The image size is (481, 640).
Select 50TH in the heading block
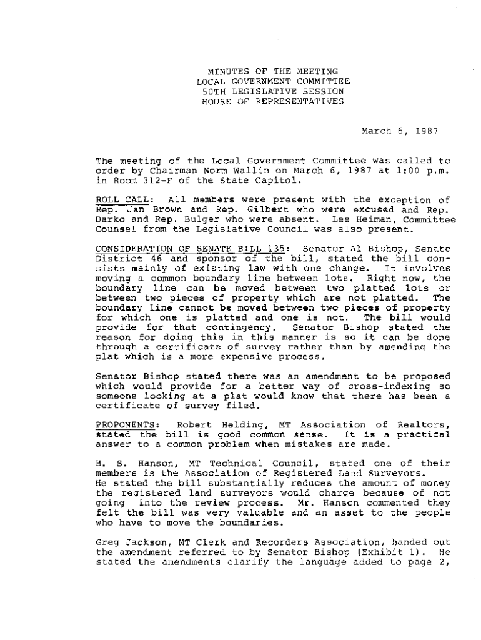point(214,91)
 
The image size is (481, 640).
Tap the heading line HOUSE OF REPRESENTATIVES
point(273,101)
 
